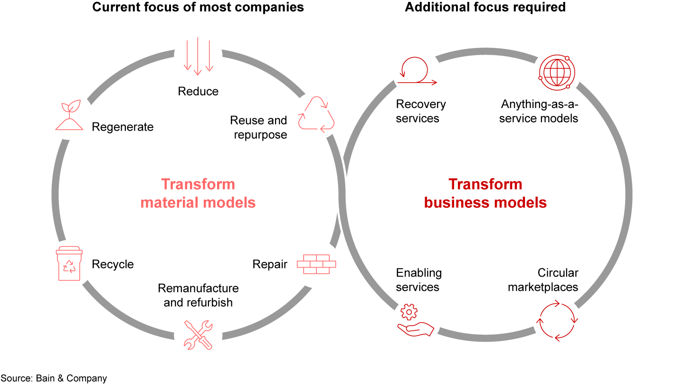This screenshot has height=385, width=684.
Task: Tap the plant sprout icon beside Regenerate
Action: (69, 115)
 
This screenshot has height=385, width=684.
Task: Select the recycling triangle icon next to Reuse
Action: (316, 114)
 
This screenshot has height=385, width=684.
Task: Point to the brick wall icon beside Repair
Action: (316, 264)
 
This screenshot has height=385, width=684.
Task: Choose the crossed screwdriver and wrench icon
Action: (198, 335)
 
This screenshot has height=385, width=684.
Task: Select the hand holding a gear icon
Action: (415, 321)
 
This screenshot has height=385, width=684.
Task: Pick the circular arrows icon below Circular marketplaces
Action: (557, 321)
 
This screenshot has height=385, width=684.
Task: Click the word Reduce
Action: (198, 91)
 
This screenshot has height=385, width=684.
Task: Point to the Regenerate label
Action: (123, 127)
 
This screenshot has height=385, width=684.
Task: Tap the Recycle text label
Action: (113, 264)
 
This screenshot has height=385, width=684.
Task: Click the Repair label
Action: (270, 264)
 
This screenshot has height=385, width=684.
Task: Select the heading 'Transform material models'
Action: (198, 193)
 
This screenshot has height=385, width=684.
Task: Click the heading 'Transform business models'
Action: (485, 193)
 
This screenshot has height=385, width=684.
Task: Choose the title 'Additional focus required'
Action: (485, 7)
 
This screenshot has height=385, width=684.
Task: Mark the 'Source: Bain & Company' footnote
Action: (54, 378)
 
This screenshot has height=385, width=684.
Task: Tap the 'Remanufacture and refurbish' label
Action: (198, 295)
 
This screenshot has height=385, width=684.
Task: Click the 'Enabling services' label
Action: (418, 280)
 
